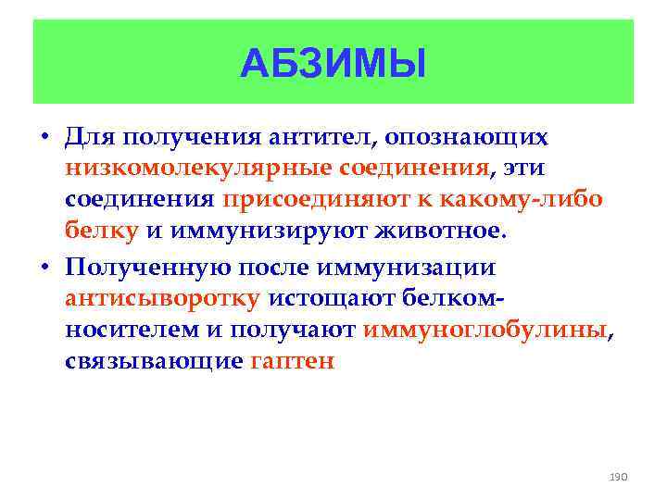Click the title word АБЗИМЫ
pos(333,64)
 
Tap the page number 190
pos(618,476)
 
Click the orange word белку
pos(101,231)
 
